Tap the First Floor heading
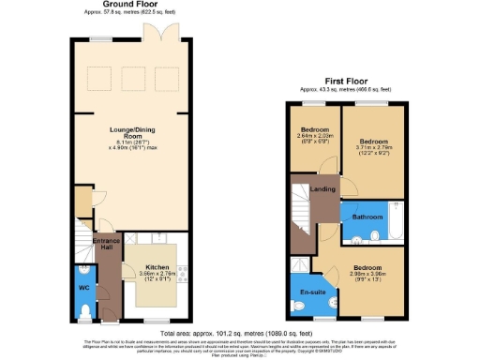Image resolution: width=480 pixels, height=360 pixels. coord(347,82)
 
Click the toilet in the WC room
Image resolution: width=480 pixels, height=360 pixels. coord(84,310)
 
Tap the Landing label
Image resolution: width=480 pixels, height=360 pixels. coord(324,191)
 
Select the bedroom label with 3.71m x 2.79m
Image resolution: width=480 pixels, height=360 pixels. coord(373,142)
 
